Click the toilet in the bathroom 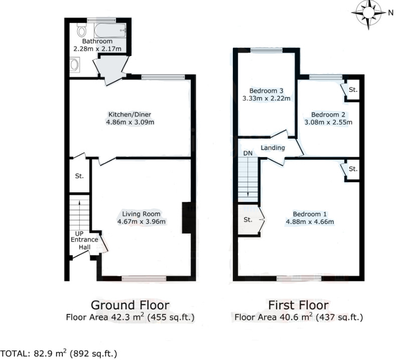click(x=82, y=30)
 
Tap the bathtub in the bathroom click(x=110, y=31)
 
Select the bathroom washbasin click(x=74, y=65)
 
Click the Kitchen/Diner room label click(x=130, y=114)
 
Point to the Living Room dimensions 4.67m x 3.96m click(x=141, y=222)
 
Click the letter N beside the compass click(x=390, y=13)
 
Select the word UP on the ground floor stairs click(x=79, y=233)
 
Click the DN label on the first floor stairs click(x=248, y=153)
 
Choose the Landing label click(x=273, y=148)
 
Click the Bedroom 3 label click(x=267, y=91)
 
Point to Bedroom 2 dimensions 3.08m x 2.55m click(x=328, y=123)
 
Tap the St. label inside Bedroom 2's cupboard click(x=353, y=90)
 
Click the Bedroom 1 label click(x=310, y=214)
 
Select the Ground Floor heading click(x=130, y=305)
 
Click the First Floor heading click(x=299, y=305)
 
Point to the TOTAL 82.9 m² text click(x=59, y=353)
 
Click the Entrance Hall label click(x=84, y=243)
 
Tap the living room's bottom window click(x=144, y=279)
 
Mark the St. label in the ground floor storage click(x=79, y=176)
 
